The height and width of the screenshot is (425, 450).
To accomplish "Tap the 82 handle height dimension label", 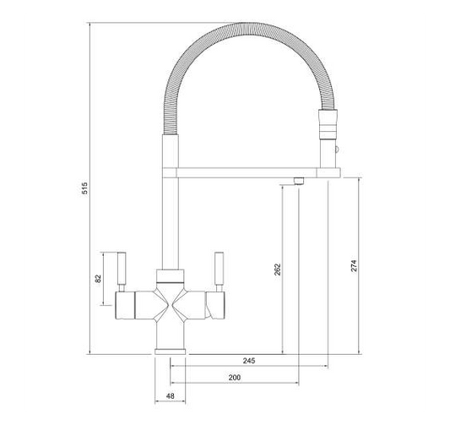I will pyautogui.click(x=98, y=279).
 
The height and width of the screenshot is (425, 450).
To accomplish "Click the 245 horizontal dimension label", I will pyautogui.click(x=249, y=361).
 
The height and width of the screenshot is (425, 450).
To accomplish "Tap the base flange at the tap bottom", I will pyautogui.click(x=170, y=349).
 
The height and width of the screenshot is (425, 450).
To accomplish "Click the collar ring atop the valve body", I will pyautogui.click(x=170, y=275).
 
